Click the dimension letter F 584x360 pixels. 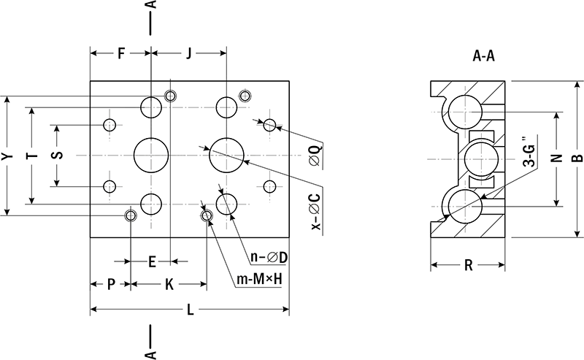coord(121,53)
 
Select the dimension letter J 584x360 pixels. coord(188,53)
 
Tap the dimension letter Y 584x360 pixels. coord(6,156)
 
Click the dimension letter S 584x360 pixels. coord(58,156)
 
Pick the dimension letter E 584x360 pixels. coord(152,261)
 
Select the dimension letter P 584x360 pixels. coord(110,284)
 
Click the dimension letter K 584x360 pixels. coord(169,284)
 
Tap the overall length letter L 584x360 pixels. coord(191,310)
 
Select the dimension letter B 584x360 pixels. coord(577,157)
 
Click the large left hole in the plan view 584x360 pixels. coord(151,156)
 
